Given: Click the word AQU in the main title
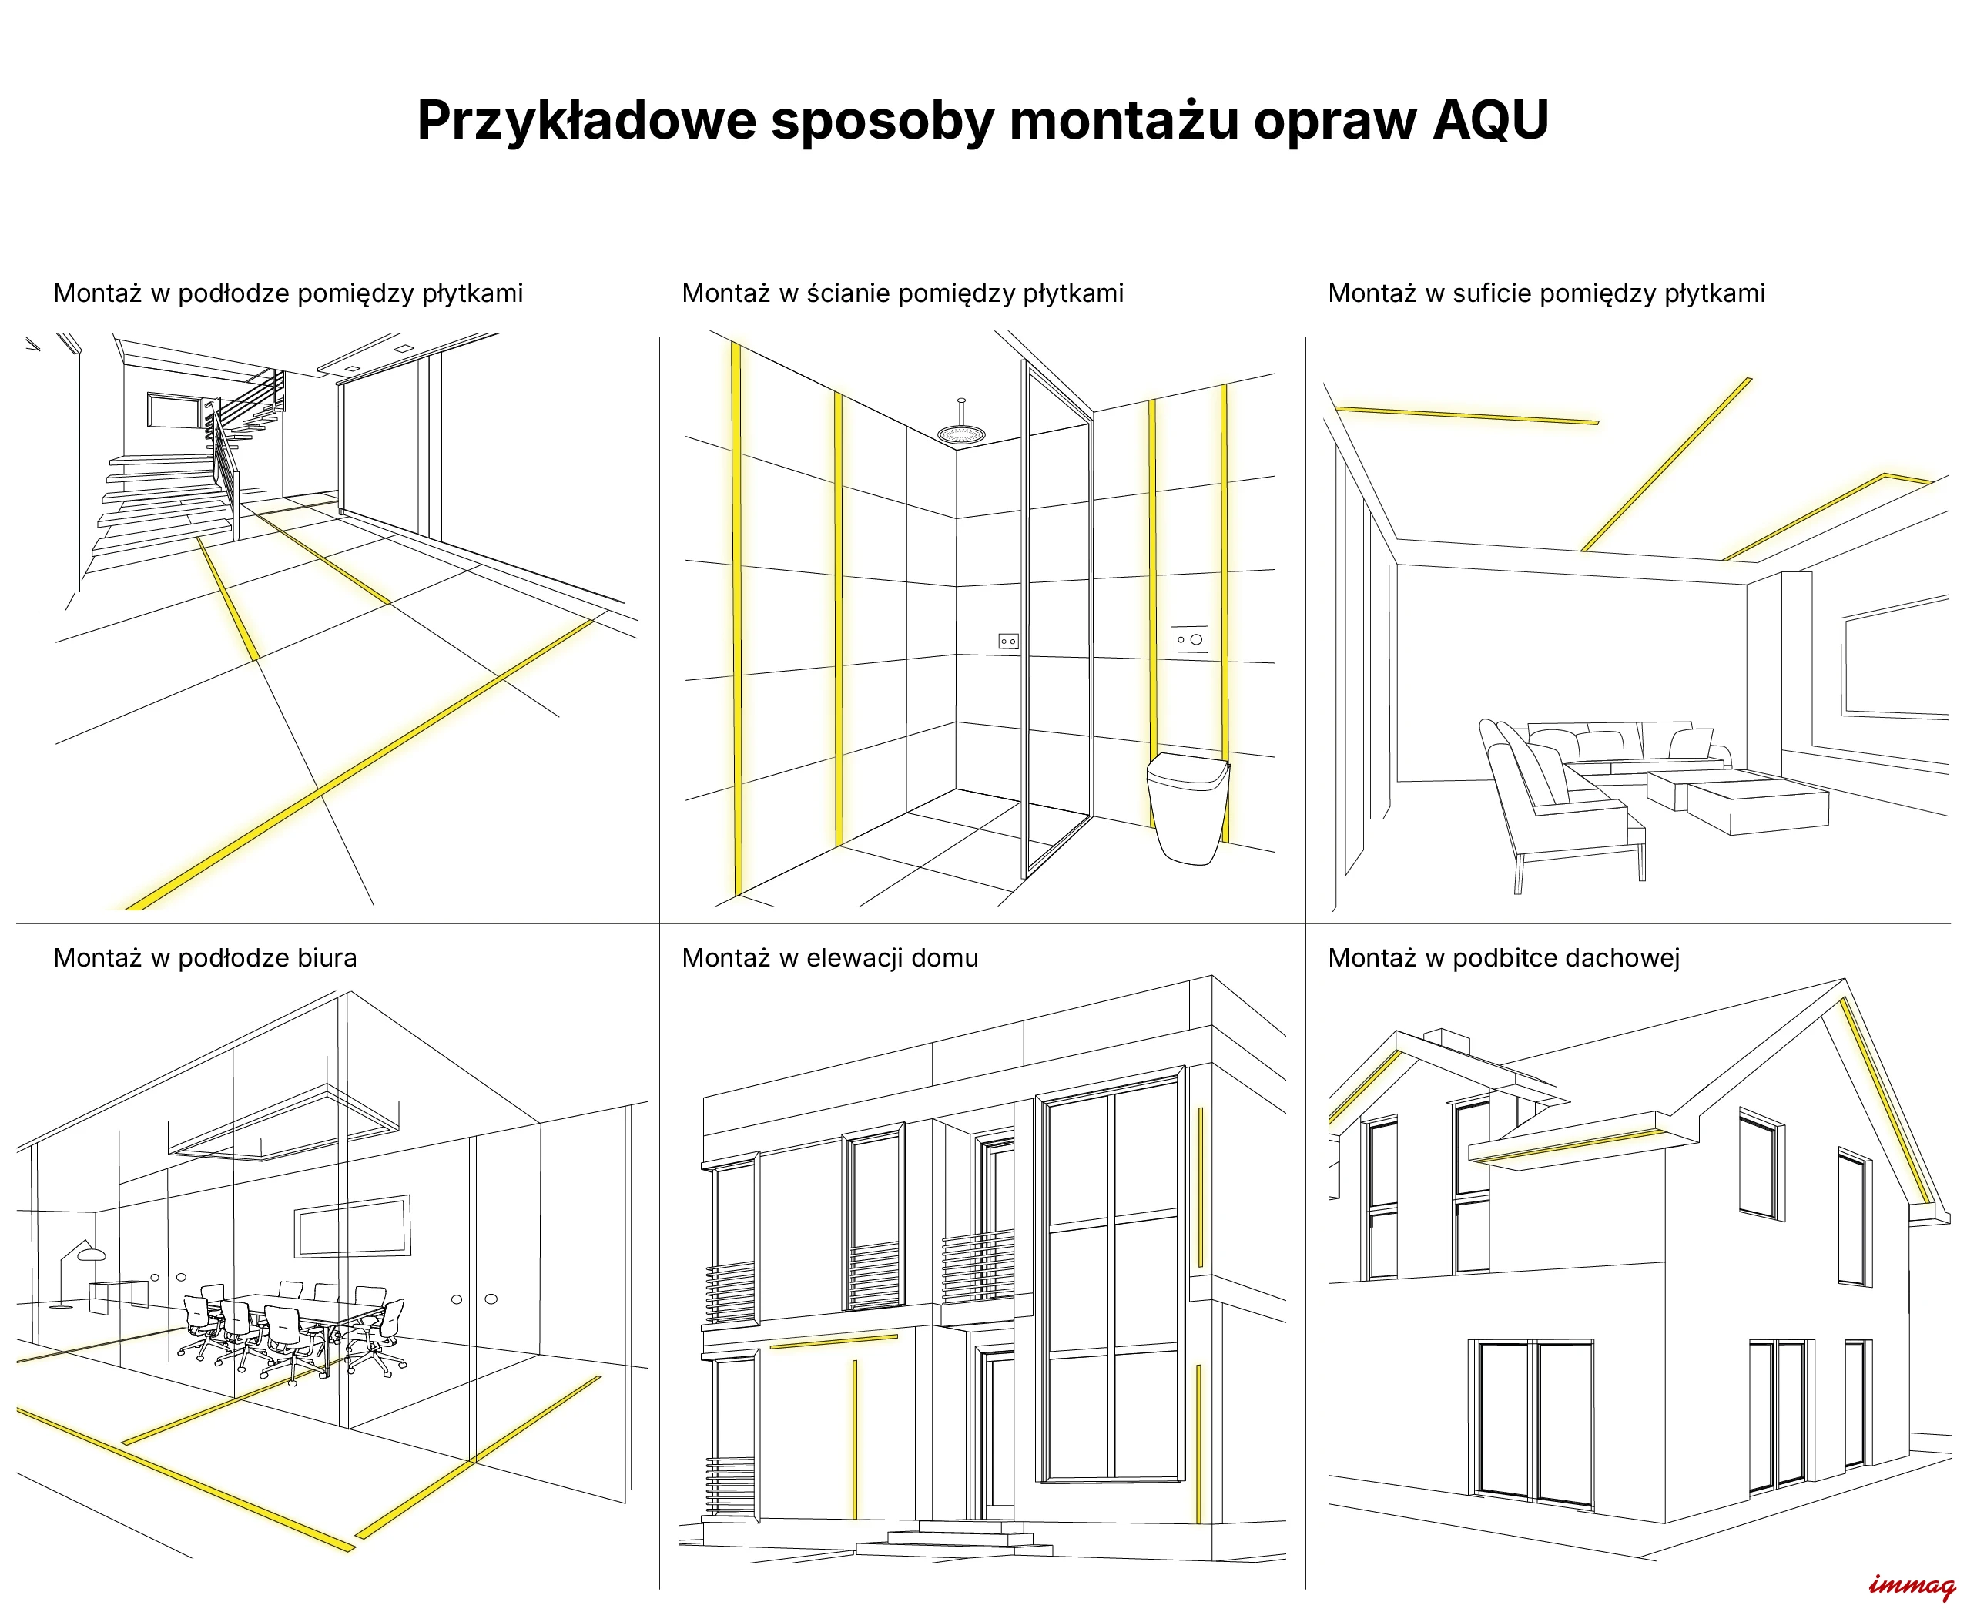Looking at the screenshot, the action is click(1489, 120).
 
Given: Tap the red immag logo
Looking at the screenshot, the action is click(1912, 1586).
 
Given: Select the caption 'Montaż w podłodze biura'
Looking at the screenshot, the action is click(205, 957).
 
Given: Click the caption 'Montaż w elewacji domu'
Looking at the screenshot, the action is click(829, 957).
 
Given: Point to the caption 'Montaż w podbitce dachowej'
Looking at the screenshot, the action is click(1503, 957).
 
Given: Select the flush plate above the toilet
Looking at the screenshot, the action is click(1188, 638).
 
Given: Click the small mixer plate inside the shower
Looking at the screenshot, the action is click(1007, 641).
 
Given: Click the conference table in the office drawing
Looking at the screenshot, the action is click(297, 1319).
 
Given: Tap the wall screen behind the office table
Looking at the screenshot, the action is click(353, 1225).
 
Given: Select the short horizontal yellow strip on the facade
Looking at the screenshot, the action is click(834, 1341).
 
